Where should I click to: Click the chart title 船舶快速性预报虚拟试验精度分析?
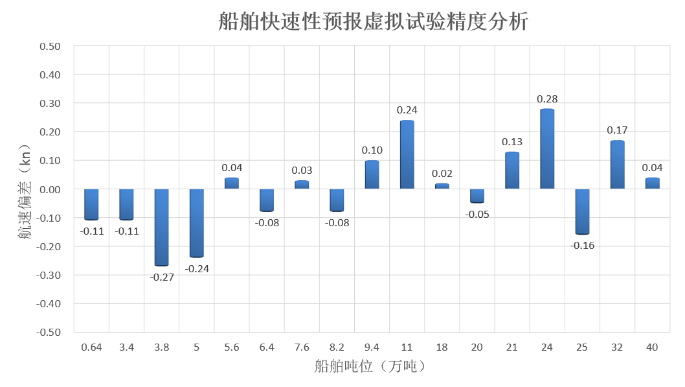374,22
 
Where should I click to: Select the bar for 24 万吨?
547,149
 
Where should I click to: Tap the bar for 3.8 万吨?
162,227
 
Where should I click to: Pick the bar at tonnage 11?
407,155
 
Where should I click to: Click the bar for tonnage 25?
582,211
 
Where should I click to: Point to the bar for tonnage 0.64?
92,204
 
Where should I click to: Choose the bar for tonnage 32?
617,165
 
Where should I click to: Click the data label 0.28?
547,99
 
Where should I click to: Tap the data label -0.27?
162,277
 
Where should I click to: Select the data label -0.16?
582,246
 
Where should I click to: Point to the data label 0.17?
617,130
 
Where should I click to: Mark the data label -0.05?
477,215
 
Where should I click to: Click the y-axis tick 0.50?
50,47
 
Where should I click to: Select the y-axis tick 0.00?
50,189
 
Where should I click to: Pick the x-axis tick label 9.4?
372,347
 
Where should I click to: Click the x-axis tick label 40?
652,347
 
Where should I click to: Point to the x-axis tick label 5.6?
232,347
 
